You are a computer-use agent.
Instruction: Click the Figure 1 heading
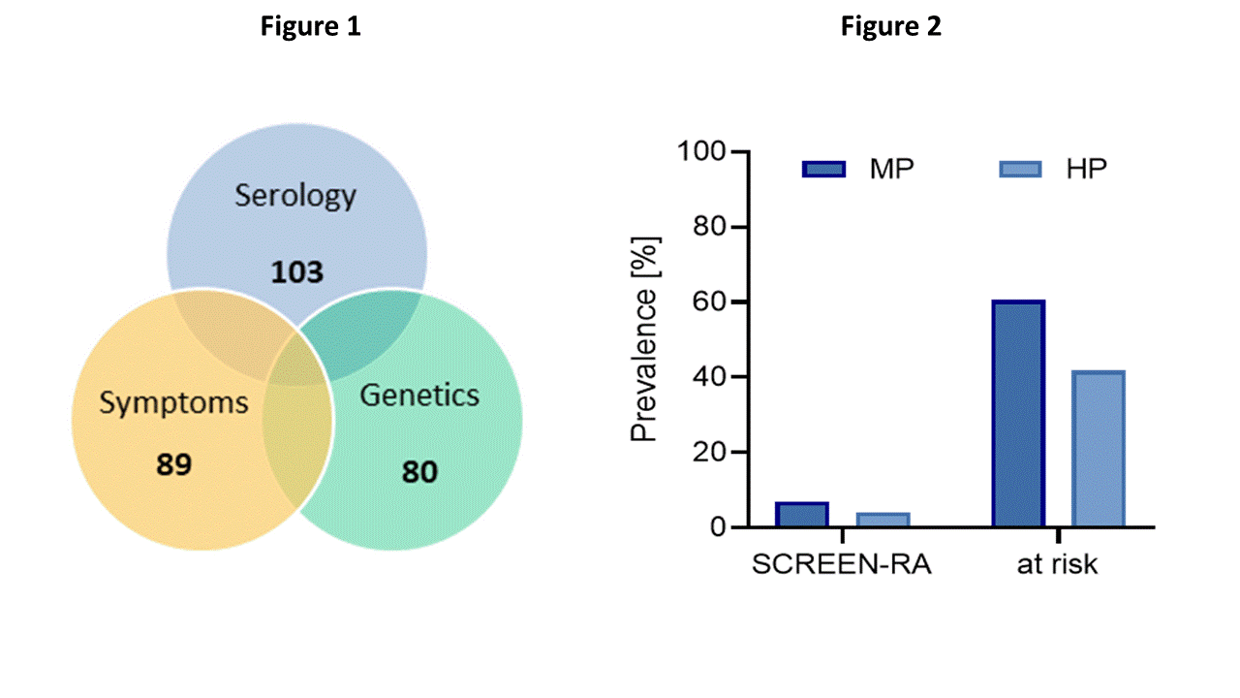coord(310,27)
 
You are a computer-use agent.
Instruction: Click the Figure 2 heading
coord(890,27)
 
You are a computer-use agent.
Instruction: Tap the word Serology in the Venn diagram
coord(295,196)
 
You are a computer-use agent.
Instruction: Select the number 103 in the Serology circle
coord(296,272)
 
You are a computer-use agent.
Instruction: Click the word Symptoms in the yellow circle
coord(174,402)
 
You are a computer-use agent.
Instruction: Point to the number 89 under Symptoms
coord(174,464)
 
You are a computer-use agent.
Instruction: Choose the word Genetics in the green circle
coord(419,396)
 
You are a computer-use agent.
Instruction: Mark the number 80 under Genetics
coord(419,472)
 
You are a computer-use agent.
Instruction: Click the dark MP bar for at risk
coord(1017,414)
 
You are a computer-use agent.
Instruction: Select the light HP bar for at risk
coord(1098,449)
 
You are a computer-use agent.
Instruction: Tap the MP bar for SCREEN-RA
coord(801,515)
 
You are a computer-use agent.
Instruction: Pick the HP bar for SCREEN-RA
coord(883,520)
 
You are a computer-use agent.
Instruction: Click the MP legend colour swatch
coord(824,170)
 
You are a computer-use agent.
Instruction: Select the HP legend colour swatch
coord(1020,170)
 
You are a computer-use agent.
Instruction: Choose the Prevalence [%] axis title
coord(645,338)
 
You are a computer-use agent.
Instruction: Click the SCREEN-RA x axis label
coord(842,565)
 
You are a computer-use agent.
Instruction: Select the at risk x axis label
coord(1058,565)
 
